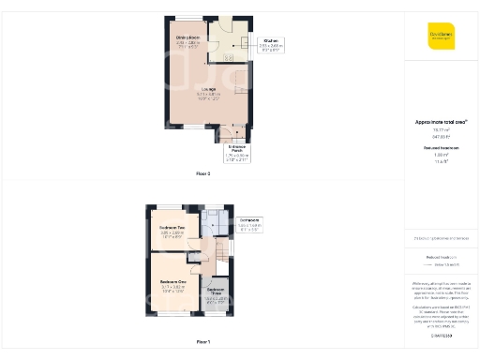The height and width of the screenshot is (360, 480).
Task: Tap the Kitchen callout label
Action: click(272, 41)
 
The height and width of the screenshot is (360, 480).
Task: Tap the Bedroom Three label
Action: click(215, 291)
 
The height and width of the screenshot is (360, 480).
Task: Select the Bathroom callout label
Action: click(249, 220)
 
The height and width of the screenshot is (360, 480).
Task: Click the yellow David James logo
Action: click(441, 35)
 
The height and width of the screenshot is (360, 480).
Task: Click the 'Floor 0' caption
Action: click(203, 174)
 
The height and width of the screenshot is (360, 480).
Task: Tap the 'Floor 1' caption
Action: click(203, 342)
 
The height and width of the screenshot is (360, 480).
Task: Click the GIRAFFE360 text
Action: click(441, 336)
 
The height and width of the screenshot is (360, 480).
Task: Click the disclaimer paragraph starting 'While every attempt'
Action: click(441, 291)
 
